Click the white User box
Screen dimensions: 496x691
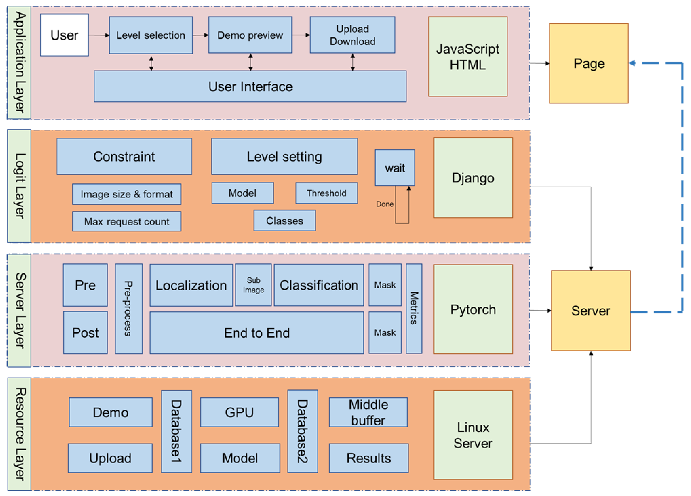tap(64, 35)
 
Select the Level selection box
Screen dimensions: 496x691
tap(151, 35)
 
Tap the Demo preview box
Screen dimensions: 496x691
tap(250, 35)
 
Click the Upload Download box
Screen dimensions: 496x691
tap(353, 35)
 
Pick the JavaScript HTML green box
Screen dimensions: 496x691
tap(468, 57)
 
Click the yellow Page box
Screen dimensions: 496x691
tap(589, 63)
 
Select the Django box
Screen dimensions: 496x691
tap(473, 178)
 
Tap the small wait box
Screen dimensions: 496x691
tap(395, 168)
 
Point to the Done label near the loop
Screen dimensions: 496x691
tap(385, 204)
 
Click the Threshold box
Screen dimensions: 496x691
tap(327, 193)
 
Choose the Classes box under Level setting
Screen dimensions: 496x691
tap(285, 221)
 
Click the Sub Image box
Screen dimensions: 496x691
tap(253, 285)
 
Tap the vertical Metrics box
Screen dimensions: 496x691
tap(414, 308)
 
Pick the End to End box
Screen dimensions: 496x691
tap(256, 333)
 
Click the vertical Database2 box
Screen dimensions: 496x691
tap(303, 431)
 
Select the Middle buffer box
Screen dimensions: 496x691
tap(368, 412)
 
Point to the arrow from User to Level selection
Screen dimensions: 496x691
tap(99, 35)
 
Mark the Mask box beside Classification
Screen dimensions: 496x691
tap(385, 285)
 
